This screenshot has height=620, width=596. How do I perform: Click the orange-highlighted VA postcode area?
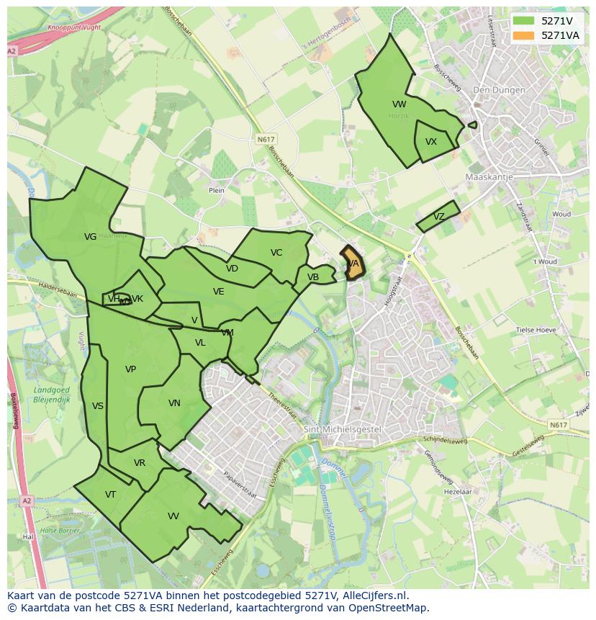(x=352, y=263)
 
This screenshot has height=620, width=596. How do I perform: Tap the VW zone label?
(x=399, y=104)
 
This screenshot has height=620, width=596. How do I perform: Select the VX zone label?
(x=431, y=142)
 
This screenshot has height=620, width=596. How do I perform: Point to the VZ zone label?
(x=439, y=217)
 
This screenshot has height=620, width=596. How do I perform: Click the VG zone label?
(x=90, y=237)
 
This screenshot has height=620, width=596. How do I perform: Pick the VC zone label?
(x=276, y=253)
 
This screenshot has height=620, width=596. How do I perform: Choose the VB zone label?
(x=313, y=277)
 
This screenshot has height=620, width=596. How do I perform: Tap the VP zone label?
(x=130, y=369)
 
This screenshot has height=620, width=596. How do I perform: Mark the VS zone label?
(x=98, y=406)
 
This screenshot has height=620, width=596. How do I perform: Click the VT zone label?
(x=110, y=495)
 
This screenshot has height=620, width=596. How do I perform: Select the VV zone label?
(x=173, y=516)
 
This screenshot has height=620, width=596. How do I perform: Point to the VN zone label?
(x=174, y=403)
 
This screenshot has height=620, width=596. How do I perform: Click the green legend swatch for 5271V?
(x=523, y=21)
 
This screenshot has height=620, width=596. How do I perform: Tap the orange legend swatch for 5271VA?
(x=523, y=35)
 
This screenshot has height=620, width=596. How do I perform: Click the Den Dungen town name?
(x=495, y=90)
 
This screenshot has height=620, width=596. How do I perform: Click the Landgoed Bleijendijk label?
(x=51, y=394)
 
